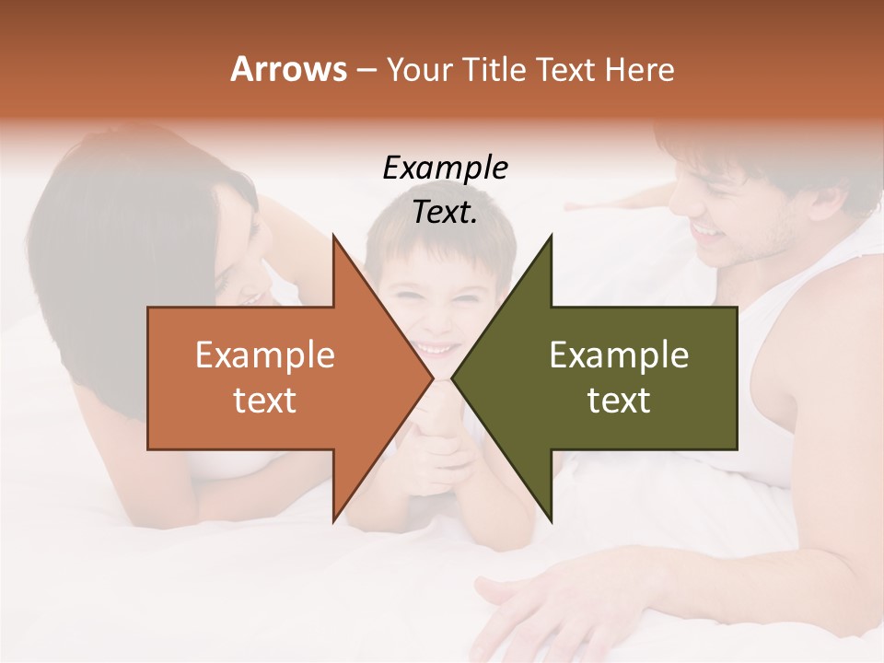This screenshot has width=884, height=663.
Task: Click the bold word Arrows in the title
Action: pyautogui.click(x=289, y=69)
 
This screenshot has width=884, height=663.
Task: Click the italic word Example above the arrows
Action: pyautogui.click(x=445, y=169)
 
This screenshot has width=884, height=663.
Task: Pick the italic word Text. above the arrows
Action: pyautogui.click(x=445, y=213)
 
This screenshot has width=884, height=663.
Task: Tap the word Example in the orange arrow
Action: pyautogui.click(x=265, y=355)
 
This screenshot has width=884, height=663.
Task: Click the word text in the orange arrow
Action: pyautogui.click(x=265, y=401)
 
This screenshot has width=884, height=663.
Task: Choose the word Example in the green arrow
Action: pyautogui.click(x=619, y=355)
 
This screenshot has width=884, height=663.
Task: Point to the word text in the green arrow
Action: pyautogui.click(x=619, y=401)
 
